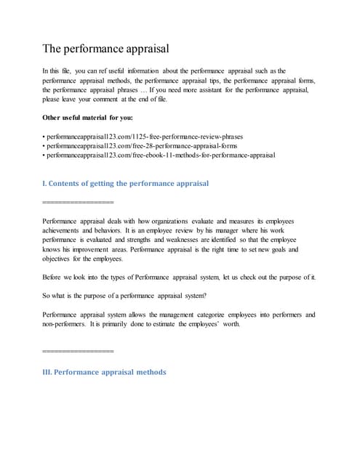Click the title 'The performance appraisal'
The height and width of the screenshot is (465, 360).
pos(106,49)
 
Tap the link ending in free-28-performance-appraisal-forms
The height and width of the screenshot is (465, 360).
pos(140,145)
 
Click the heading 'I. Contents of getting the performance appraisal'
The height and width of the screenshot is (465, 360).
pos(126,183)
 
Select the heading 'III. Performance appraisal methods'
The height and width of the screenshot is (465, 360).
pos(105,372)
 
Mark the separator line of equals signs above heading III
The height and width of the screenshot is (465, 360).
pos(79,352)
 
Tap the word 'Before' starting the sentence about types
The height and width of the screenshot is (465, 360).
pos(54,278)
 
